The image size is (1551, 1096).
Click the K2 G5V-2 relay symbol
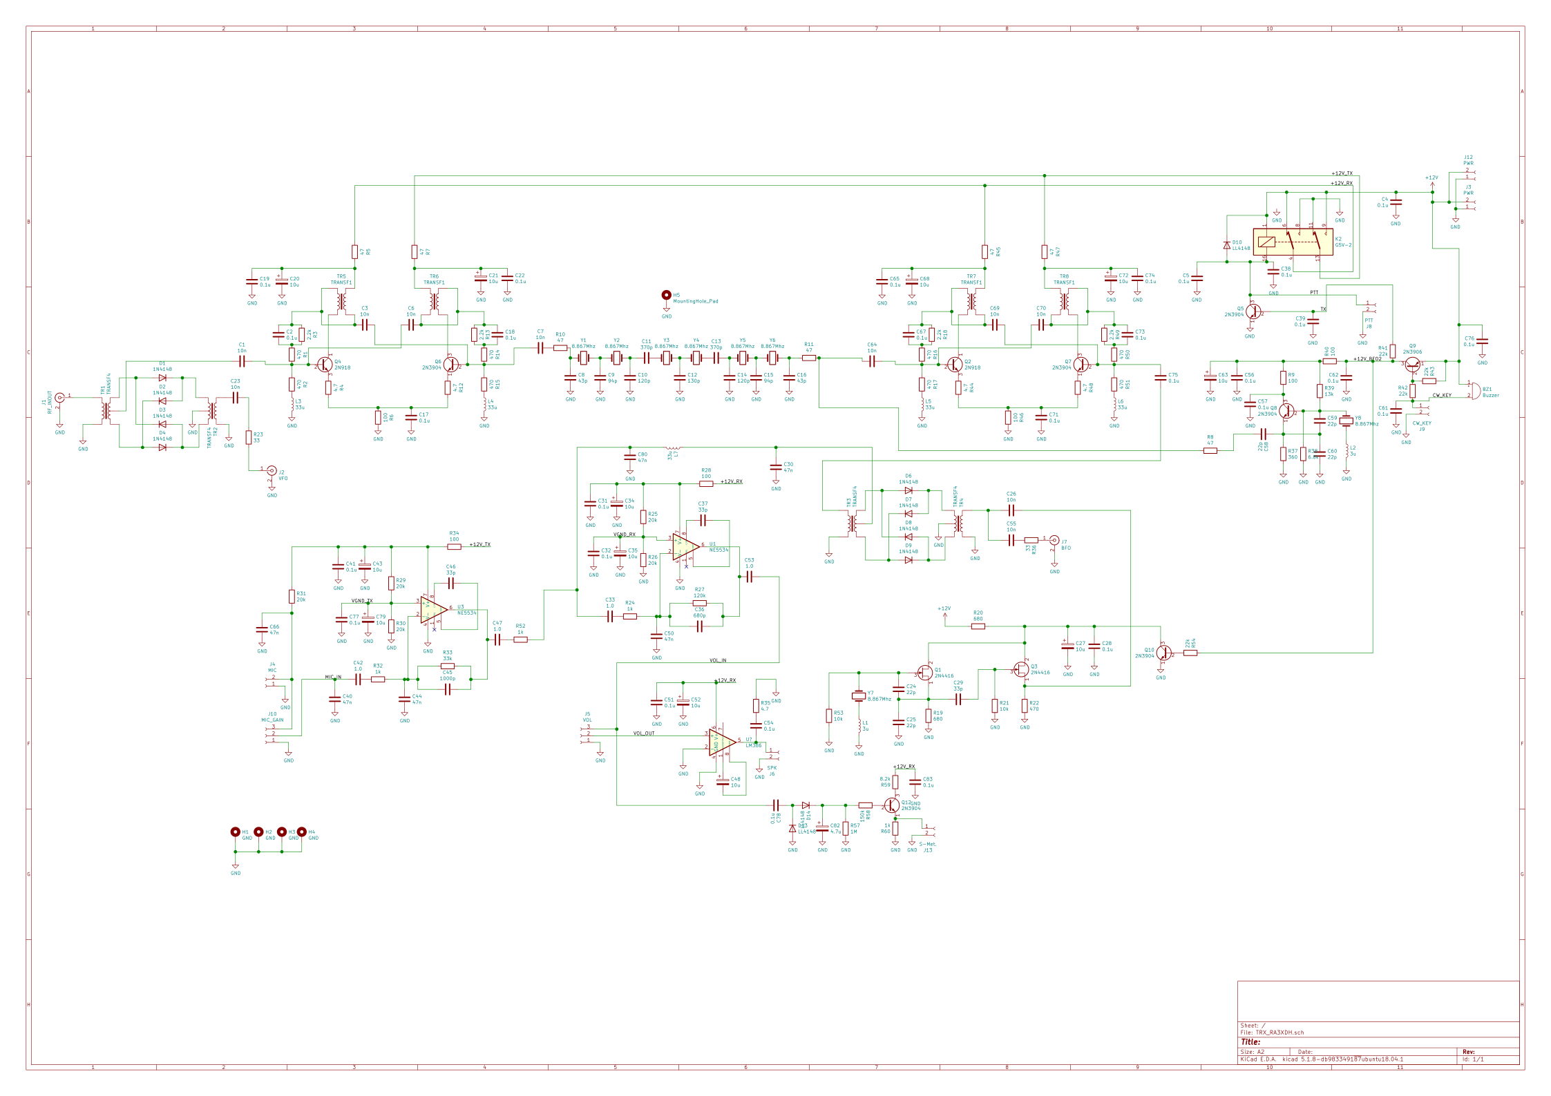coord(1293,242)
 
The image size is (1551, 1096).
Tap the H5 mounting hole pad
coord(666,295)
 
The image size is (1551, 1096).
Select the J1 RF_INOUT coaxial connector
coord(59,397)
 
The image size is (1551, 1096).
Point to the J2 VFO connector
coord(272,470)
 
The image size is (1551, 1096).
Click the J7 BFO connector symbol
coord(1054,540)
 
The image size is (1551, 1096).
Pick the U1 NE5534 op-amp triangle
coord(685,546)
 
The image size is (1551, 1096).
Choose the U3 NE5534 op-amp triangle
coord(433,610)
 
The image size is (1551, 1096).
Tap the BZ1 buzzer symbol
coord(1474,390)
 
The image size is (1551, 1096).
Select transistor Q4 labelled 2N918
coord(324,364)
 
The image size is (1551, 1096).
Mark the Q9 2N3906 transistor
coord(1412,364)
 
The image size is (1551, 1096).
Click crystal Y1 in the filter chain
coord(583,358)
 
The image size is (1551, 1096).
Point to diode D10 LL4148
coord(1226,245)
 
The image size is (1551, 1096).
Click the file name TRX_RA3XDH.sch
coord(1279,1032)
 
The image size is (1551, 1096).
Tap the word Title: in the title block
coord(1250,1042)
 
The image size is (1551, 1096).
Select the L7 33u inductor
coord(672,448)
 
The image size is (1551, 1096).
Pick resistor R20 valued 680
coord(978,626)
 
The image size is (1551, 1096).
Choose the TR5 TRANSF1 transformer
coord(341,302)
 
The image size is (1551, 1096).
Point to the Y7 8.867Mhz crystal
coord(859,696)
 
